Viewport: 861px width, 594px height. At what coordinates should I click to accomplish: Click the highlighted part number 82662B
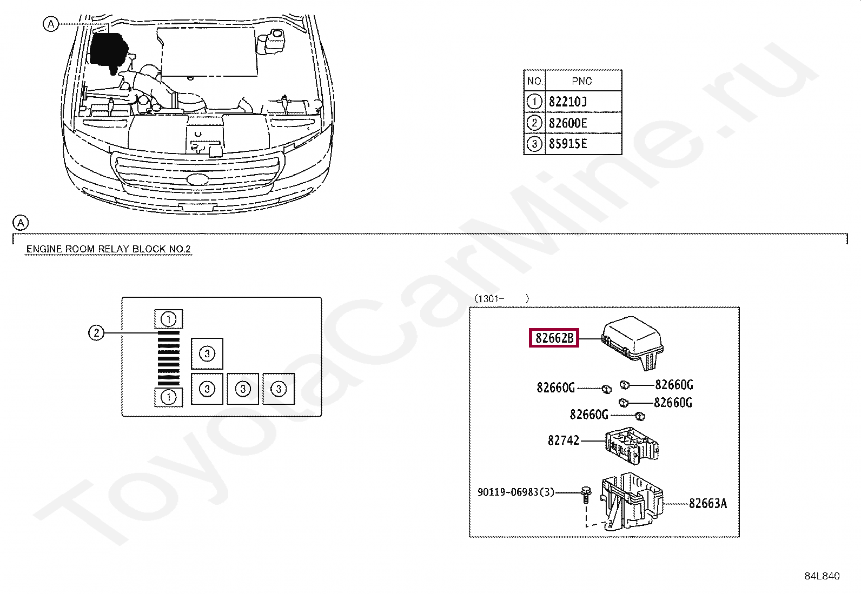tap(554, 338)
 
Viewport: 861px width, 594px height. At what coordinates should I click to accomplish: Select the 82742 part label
tap(563, 441)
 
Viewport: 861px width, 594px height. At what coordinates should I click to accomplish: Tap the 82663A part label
tap(707, 504)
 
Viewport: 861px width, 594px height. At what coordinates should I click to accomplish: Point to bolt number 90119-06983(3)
tap(515, 492)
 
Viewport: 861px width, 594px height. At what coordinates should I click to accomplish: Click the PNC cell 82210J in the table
tap(568, 102)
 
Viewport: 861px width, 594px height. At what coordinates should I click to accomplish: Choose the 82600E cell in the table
tap(568, 123)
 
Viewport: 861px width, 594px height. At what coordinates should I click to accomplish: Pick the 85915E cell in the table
tap(568, 144)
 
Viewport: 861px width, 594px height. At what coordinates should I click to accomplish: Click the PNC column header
tap(582, 81)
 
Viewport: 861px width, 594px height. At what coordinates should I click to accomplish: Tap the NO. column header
tap(535, 81)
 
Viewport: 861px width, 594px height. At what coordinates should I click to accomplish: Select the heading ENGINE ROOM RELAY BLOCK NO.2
tap(108, 249)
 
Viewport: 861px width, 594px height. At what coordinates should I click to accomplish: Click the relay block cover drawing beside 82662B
tap(633, 341)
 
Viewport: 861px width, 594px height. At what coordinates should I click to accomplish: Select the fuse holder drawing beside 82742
tap(632, 446)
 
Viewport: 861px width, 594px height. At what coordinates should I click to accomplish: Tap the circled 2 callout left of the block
tap(96, 333)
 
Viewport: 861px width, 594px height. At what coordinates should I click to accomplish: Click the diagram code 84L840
tap(822, 576)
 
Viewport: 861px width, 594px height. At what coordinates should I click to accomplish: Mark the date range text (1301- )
tap(501, 298)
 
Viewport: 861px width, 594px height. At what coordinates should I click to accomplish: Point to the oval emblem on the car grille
tap(197, 179)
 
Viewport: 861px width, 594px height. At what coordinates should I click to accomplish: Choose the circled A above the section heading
tap(21, 223)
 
